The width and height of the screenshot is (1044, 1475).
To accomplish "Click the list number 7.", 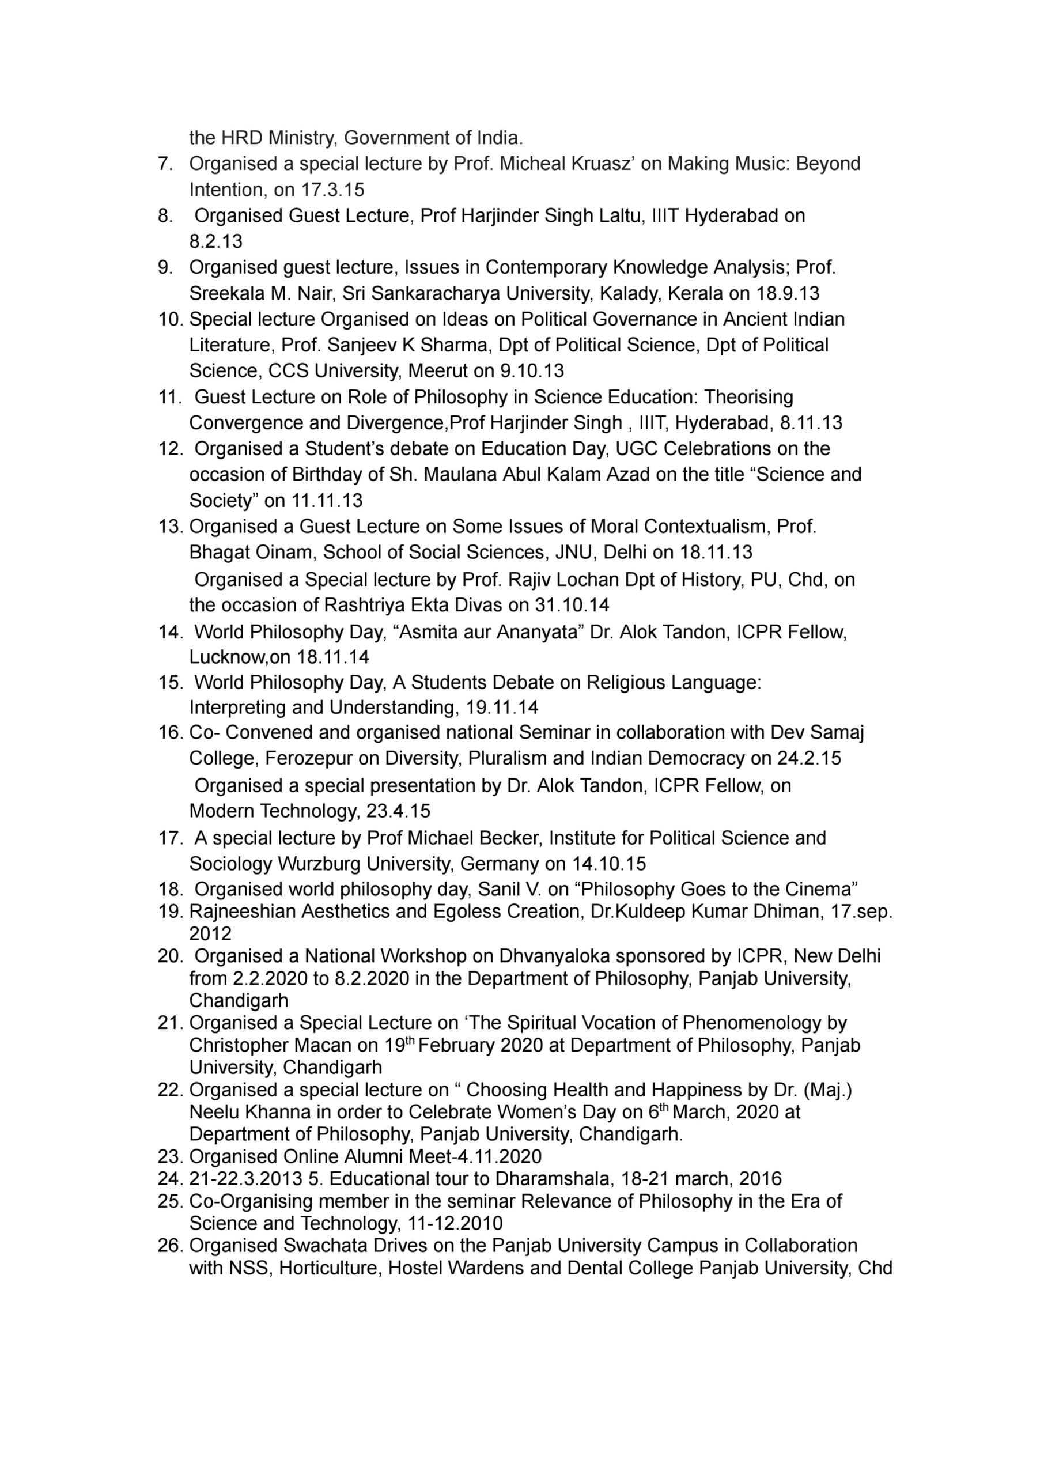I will [165, 164].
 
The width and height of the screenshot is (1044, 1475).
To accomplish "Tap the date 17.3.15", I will [332, 190].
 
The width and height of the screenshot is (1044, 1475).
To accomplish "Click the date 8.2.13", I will [215, 241].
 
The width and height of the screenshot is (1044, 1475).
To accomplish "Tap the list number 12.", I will [171, 449].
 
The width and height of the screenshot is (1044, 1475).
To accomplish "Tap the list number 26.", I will [171, 1246].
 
